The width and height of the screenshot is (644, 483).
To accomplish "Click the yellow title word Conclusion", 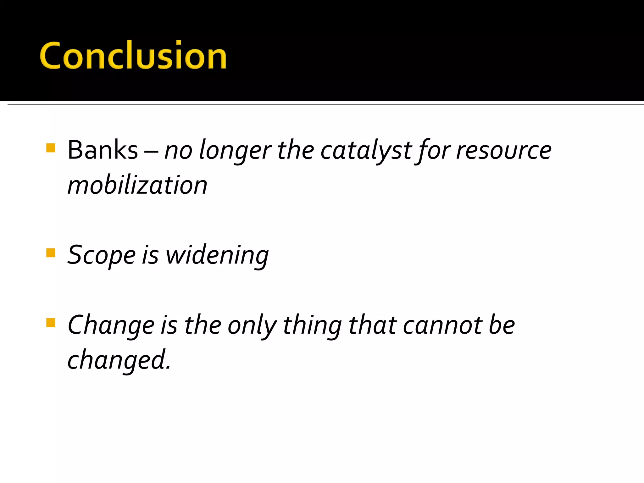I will tap(133, 55).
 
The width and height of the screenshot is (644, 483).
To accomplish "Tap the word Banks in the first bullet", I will tap(103, 150).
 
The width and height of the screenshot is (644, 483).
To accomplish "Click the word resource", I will tap(504, 150).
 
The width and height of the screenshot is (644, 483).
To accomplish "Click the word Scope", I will tap(102, 255).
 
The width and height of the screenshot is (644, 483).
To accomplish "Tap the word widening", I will tap(217, 255).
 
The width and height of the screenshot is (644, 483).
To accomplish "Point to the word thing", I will tap(312, 325).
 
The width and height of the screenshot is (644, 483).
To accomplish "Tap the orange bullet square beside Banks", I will tap(51, 148).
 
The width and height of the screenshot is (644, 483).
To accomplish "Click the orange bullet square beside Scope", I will tap(51, 253).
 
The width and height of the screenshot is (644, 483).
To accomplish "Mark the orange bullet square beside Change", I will tap(51, 323).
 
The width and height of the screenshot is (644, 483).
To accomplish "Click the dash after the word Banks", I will tap(151, 151).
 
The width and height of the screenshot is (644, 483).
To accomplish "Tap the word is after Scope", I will tap(150, 255).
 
